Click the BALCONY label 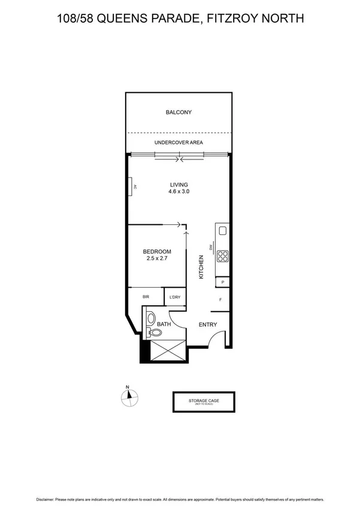click(x=179, y=112)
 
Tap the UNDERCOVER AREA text click(x=179, y=143)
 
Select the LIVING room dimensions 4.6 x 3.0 click(x=179, y=191)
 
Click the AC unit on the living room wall click(x=129, y=187)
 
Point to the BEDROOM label click(x=157, y=252)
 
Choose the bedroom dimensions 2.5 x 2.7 click(x=157, y=259)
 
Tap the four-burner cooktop click(x=223, y=257)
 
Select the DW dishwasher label click(x=211, y=248)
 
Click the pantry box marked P click(x=223, y=282)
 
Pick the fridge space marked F click(x=221, y=299)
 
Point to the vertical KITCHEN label click(x=202, y=267)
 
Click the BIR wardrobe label click(x=146, y=297)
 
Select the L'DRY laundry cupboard click(x=175, y=297)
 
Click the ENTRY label click(x=207, y=325)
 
